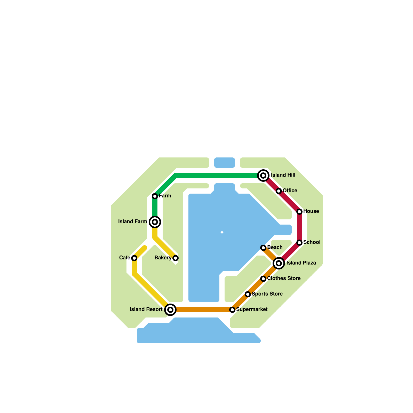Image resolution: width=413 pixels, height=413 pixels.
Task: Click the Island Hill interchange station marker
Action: click(263, 176)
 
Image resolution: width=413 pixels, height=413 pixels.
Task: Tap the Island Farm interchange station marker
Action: click(155, 222)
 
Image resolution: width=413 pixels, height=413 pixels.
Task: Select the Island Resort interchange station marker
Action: click(170, 310)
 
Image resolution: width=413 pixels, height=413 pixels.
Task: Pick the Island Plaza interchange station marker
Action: click(279, 263)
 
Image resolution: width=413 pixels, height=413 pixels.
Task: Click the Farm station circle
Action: click(155, 196)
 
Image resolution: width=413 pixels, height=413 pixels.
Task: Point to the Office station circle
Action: click(279, 191)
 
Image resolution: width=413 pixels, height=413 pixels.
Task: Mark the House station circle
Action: click(299, 212)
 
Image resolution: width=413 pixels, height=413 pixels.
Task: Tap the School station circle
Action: click(299, 243)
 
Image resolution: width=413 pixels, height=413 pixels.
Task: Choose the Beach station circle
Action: click(263, 248)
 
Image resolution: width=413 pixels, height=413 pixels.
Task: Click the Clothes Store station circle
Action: click(263, 279)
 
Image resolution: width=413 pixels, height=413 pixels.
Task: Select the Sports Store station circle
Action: click(248, 294)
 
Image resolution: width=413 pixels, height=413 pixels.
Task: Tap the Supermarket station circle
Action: click(232, 310)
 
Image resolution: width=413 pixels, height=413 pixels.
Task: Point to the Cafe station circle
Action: click(134, 258)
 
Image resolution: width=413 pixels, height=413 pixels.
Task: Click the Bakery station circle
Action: click(176, 258)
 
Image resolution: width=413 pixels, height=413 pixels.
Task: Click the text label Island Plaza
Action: click(301, 263)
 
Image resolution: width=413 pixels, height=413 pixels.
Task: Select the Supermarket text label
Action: click(252, 309)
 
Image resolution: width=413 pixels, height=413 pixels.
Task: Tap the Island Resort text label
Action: click(146, 309)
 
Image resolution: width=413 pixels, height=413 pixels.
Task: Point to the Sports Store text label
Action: click(267, 294)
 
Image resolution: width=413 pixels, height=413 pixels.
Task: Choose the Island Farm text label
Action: click(132, 221)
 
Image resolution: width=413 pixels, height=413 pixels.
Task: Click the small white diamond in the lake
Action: click(222, 232)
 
